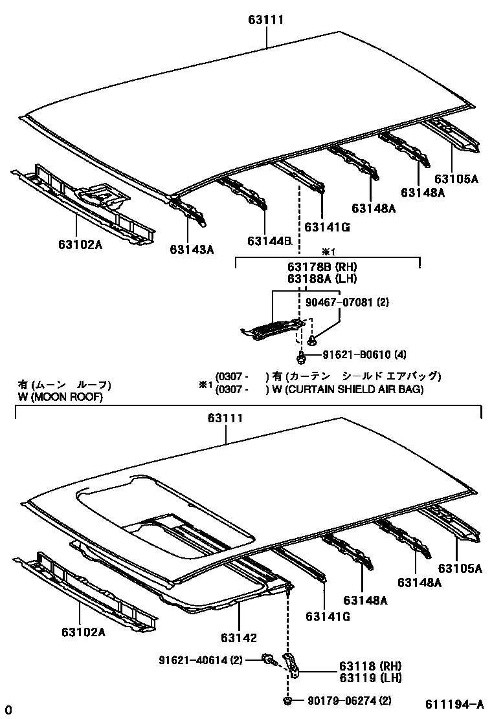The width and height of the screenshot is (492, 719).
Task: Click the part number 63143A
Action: tap(192, 250)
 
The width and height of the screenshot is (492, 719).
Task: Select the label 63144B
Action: tap(270, 241)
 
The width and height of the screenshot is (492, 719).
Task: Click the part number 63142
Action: tap(240, 638)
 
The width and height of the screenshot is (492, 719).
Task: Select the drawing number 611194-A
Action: tap(454, 704)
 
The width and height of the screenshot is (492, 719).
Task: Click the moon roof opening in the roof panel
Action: tap(168, 517)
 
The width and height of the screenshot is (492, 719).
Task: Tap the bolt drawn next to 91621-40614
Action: tap(267, 660)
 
